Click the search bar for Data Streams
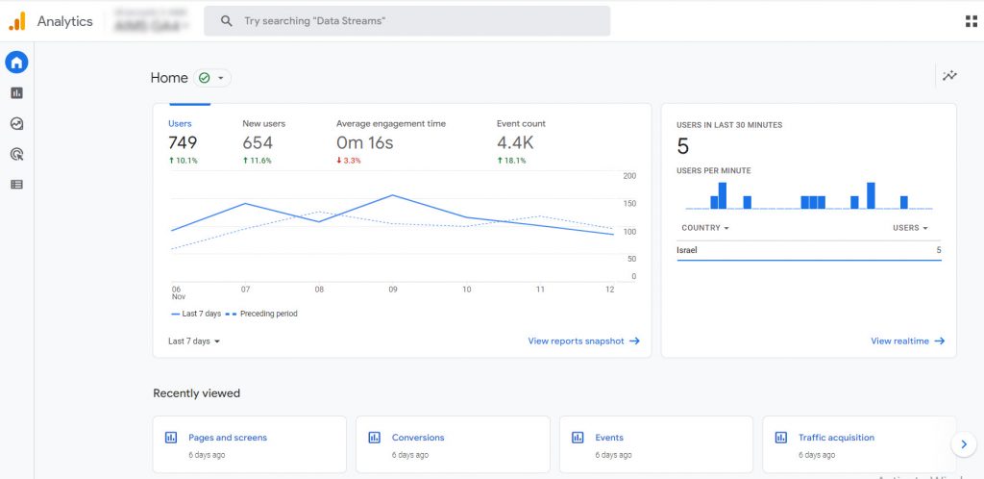(406, 21)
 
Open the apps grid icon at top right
(971, 21)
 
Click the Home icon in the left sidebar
(16, 63)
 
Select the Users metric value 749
(183, 143)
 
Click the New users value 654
(258, 143)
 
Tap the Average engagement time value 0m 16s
(364, 143)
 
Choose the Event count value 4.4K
(515, 143)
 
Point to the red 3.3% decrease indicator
(352, 161)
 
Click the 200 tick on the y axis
(629, 176)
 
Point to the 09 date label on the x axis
(393, 289)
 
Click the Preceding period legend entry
(268, 314)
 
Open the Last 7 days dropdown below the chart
(194, 341)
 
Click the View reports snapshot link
(583, 341)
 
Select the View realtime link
(907, 341)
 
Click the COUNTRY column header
(704, 228)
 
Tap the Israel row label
(687, 250)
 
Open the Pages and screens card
(249, 444)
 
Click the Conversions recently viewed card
(453, 444)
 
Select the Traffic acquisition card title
(836, 438)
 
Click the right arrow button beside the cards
(963, 443)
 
